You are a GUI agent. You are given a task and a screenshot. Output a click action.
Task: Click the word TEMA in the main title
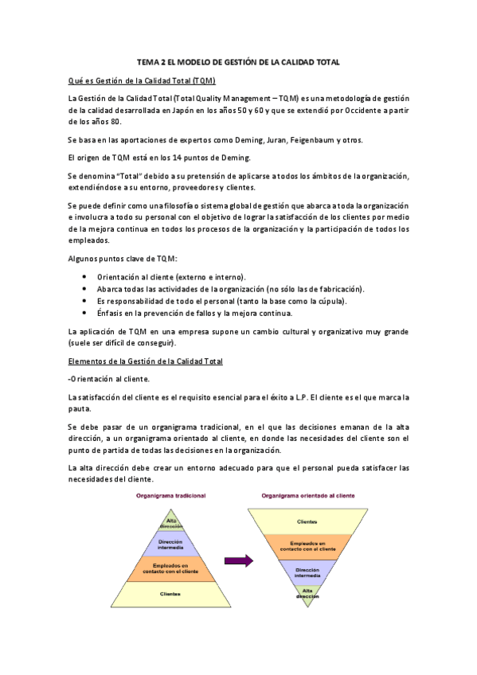149,61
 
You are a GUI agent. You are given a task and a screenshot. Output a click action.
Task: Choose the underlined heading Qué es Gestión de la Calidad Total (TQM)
142,81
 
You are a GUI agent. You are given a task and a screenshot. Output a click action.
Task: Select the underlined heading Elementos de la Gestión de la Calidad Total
145,361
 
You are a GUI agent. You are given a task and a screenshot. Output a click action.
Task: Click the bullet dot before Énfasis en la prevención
85,313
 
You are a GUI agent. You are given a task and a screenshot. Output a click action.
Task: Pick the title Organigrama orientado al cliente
308,495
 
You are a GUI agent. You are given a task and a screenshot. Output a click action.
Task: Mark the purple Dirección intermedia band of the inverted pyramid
308,572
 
